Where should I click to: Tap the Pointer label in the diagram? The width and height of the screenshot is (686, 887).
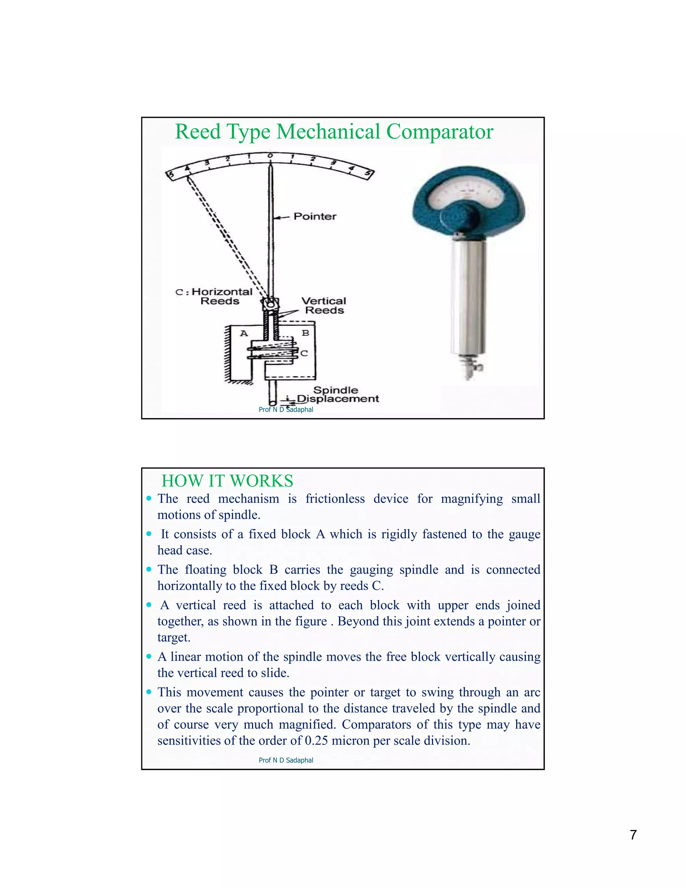click(315, 217)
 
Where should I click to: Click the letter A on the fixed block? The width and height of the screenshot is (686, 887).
click(244, 333)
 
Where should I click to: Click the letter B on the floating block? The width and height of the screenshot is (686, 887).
click(305, 333)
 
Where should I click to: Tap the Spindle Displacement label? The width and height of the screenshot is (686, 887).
click(337, 394)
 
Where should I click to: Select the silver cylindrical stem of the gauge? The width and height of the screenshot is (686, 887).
click(469, 297)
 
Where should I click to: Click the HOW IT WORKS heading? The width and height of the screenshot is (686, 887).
click(227, 481)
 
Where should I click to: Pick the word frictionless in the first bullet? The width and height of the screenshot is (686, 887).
click(335, 499)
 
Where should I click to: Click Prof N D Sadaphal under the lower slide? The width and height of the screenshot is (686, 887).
click(286, 760)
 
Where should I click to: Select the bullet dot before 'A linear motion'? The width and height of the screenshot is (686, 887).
click(149, 656)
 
